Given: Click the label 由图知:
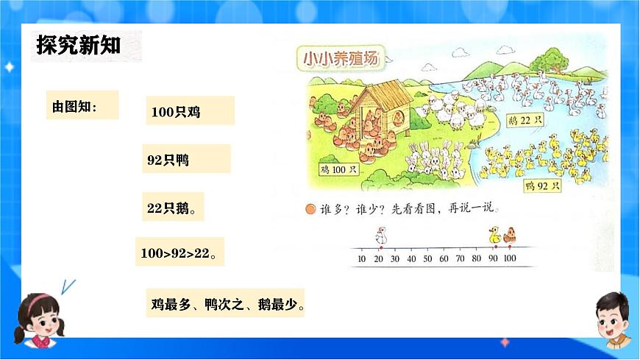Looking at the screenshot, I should (x=74, y=107).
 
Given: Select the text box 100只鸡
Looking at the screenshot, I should (x=176, y=112).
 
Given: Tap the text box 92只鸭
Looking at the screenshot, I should (x=168, y=159).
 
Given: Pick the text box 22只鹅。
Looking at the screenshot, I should (x=171, y=208).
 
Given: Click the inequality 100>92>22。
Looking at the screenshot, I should (x=178, y=254).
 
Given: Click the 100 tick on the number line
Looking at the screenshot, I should (x=509, y=258).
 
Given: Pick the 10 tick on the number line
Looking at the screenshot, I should (x=361, y=258).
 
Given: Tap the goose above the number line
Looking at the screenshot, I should (x=380, y=236).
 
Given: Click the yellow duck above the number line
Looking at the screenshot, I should (x=494, y=235).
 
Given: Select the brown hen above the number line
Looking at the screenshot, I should (x=509, y=236).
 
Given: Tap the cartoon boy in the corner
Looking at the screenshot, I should (x=609, y=321).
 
